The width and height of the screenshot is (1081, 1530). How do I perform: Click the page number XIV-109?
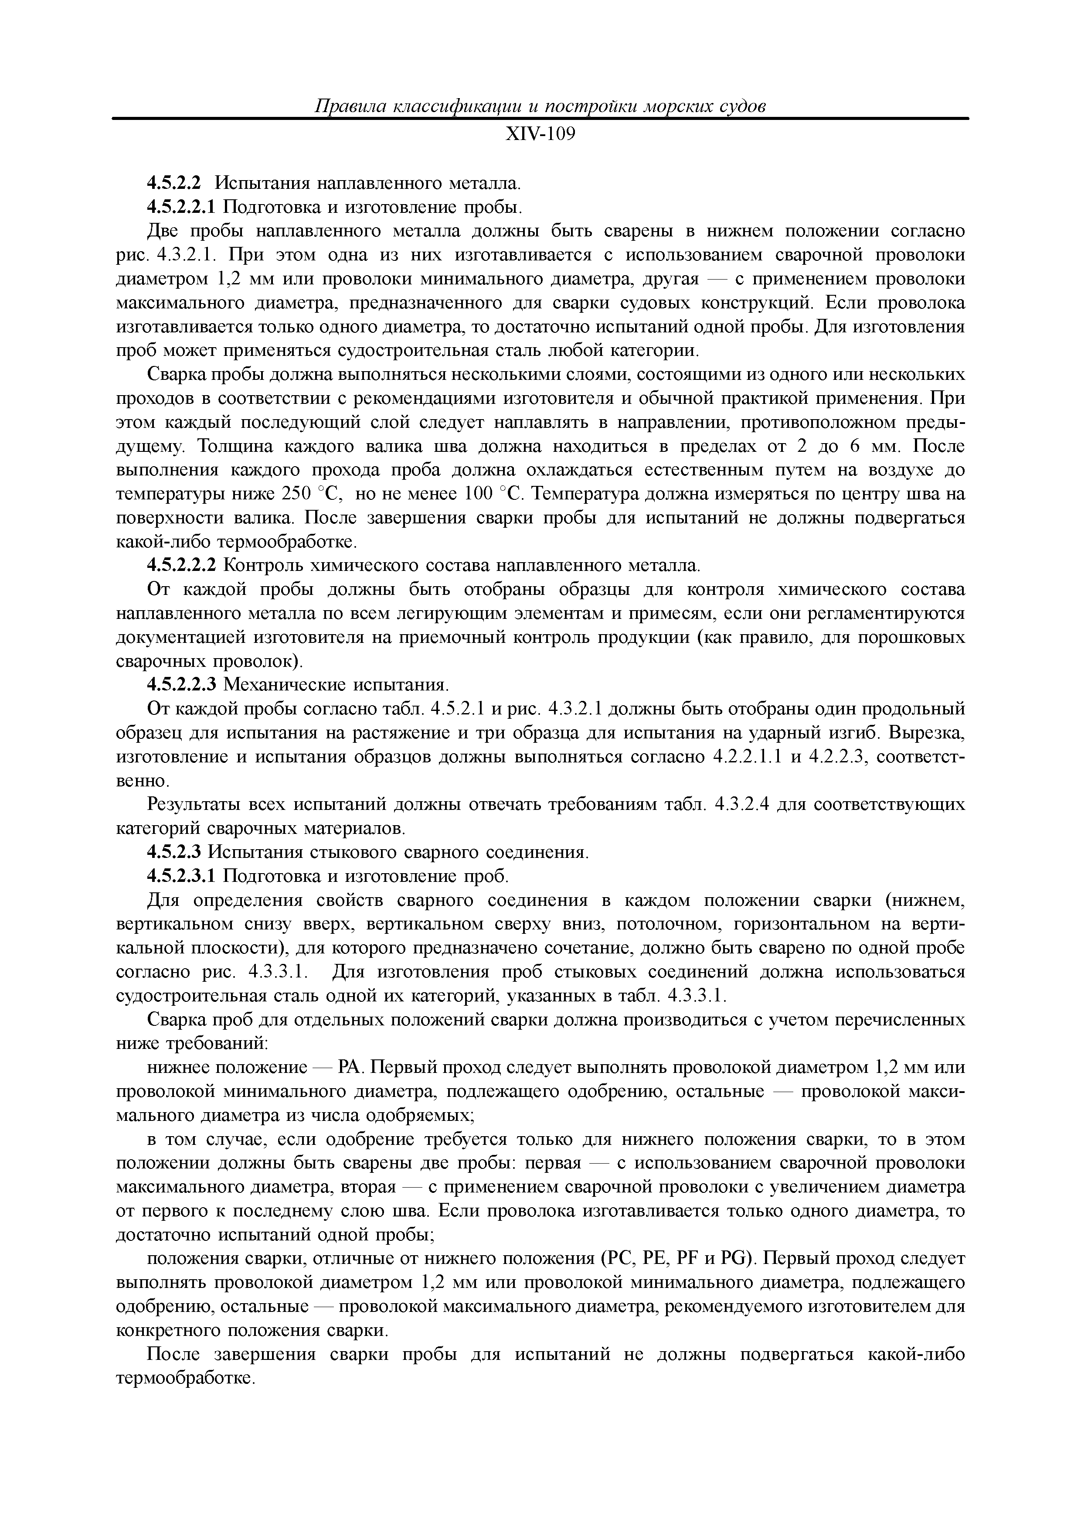pyautogui.click(x=540, y=135)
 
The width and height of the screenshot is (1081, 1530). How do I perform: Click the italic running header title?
pyautogui.click(x=540, y=106)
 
